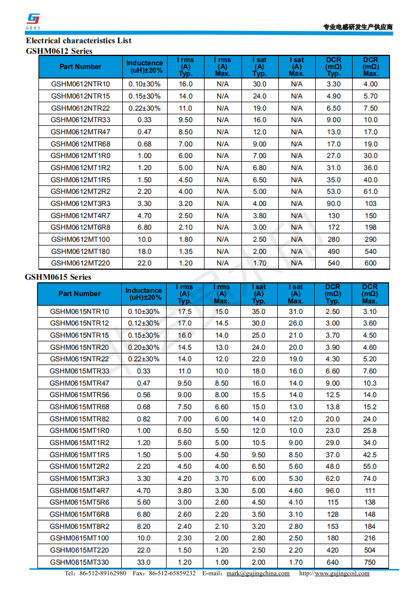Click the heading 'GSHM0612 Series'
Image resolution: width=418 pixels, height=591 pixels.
tap(59, 51)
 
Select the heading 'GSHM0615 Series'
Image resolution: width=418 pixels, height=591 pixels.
tap(58, 277)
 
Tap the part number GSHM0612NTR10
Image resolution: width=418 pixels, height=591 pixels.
tap(80, 84)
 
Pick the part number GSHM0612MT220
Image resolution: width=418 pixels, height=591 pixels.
tap(80, 263)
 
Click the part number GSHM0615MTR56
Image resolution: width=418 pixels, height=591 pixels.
tap(79, 395)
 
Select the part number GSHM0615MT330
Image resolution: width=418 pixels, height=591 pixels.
tap(79, 562)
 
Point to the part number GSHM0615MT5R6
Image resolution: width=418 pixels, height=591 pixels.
tap(79, 503)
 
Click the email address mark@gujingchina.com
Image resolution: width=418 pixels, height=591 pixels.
tap(258, 574)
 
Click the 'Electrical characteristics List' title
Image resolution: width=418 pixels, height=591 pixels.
tap(79, 41)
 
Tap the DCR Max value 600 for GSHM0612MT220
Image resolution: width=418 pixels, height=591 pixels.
tap(371, 263)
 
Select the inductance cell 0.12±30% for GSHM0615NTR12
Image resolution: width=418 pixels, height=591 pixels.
tap(143, 323)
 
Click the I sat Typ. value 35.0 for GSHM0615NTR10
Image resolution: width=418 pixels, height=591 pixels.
tap(258, 311)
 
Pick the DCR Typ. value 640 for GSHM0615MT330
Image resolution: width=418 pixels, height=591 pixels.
tap(333, 562)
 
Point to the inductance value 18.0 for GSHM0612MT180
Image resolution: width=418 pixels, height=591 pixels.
tap(144, 251)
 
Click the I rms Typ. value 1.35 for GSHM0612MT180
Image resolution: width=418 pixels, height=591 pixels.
tap(185, 251)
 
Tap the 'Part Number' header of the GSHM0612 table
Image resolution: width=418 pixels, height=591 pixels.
tap(80, 67)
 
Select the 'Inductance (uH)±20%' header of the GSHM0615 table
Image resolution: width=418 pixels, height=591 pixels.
tap(143, 294)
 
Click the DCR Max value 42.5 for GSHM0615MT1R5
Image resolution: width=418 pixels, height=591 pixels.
tap(370, 455)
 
